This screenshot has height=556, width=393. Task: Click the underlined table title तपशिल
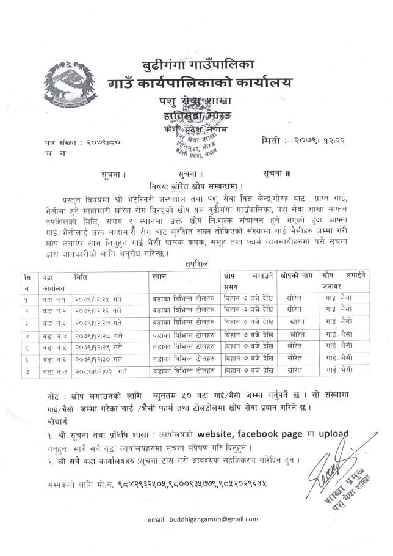coord(198,263)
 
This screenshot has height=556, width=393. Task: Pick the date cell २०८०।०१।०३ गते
coord(102,370)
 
